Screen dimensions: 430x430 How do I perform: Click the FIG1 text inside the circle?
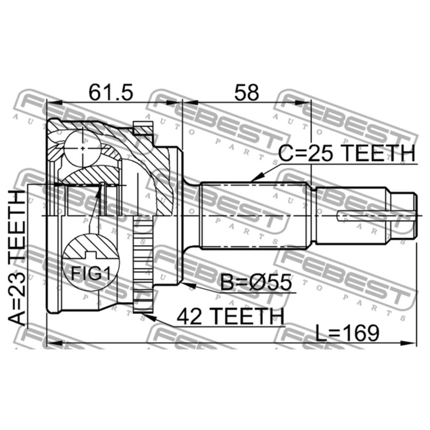[x=89, y=273]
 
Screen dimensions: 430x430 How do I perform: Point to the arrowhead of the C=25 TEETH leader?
[x=251, y=179]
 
